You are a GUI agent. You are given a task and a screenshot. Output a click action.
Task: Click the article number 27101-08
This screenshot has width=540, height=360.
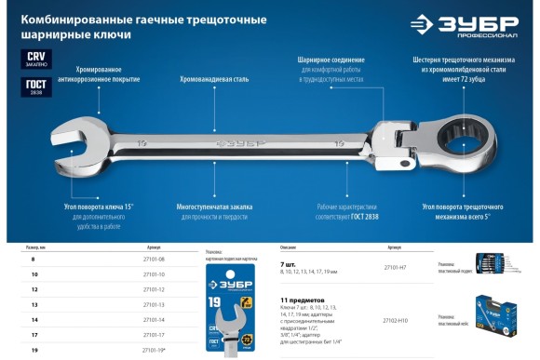coord(154,258)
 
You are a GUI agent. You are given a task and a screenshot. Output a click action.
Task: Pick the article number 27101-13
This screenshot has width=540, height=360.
coord(154,304)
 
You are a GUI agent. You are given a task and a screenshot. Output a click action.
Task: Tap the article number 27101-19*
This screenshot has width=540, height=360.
coord(155,349)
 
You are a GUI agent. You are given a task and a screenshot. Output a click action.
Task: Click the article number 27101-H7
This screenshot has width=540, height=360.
coord(395,267)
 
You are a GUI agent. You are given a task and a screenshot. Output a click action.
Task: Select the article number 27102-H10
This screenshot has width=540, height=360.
coord(396,320)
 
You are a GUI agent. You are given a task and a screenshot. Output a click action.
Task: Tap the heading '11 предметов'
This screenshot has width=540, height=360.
coord(304,300)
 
